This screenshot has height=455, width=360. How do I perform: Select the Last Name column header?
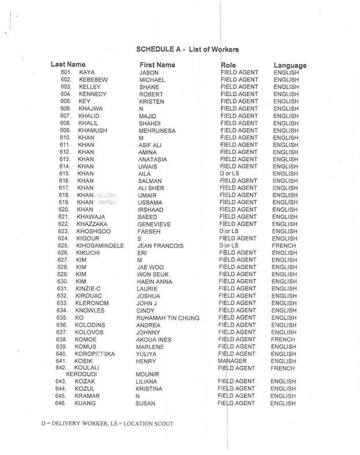[x=68, y=64]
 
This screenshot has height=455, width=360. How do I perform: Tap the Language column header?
[x=290, y=65]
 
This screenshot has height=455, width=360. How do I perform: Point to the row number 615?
[x=64, y=173]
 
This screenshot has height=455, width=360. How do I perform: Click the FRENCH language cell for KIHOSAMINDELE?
[x=285, y=245]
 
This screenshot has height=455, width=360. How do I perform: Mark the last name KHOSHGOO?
[x=96, y=231]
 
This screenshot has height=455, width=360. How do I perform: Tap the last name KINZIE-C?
[x=93, y=288]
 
